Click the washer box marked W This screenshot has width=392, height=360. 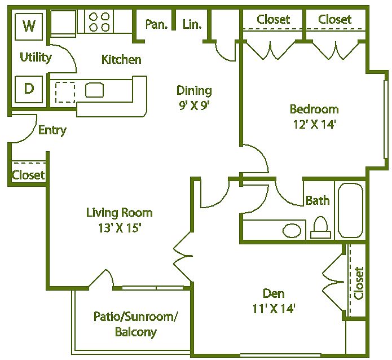pos(29,27)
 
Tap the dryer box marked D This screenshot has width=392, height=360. pos(29,89)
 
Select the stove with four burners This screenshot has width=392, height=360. pos(99,21)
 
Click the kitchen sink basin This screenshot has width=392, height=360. pos(95,90)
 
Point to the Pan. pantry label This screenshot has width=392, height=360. pos(156,24)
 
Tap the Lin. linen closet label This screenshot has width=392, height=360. pos(192,24)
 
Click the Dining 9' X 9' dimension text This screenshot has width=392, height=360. pos(194,98)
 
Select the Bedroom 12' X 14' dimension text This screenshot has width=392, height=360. pos(314,117)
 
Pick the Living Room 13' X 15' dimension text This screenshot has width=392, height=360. pos(120,220)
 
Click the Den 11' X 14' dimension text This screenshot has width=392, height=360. pos(274,301)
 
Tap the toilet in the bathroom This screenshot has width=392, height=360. pos(321,227)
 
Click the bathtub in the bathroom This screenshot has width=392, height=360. pos(350,210)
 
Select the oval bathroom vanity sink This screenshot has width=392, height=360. pos(292,230)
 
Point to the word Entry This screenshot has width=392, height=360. pos(52,130)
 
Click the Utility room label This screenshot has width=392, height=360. pos(36,58)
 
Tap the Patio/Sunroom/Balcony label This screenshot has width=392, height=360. pos(136,324)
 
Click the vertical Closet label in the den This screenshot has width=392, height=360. pos(359,283)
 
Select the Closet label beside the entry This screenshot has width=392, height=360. pos(28,175)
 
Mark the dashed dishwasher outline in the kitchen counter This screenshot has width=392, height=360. pos(65,92)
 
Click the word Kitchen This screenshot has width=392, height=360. pos(121,60)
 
